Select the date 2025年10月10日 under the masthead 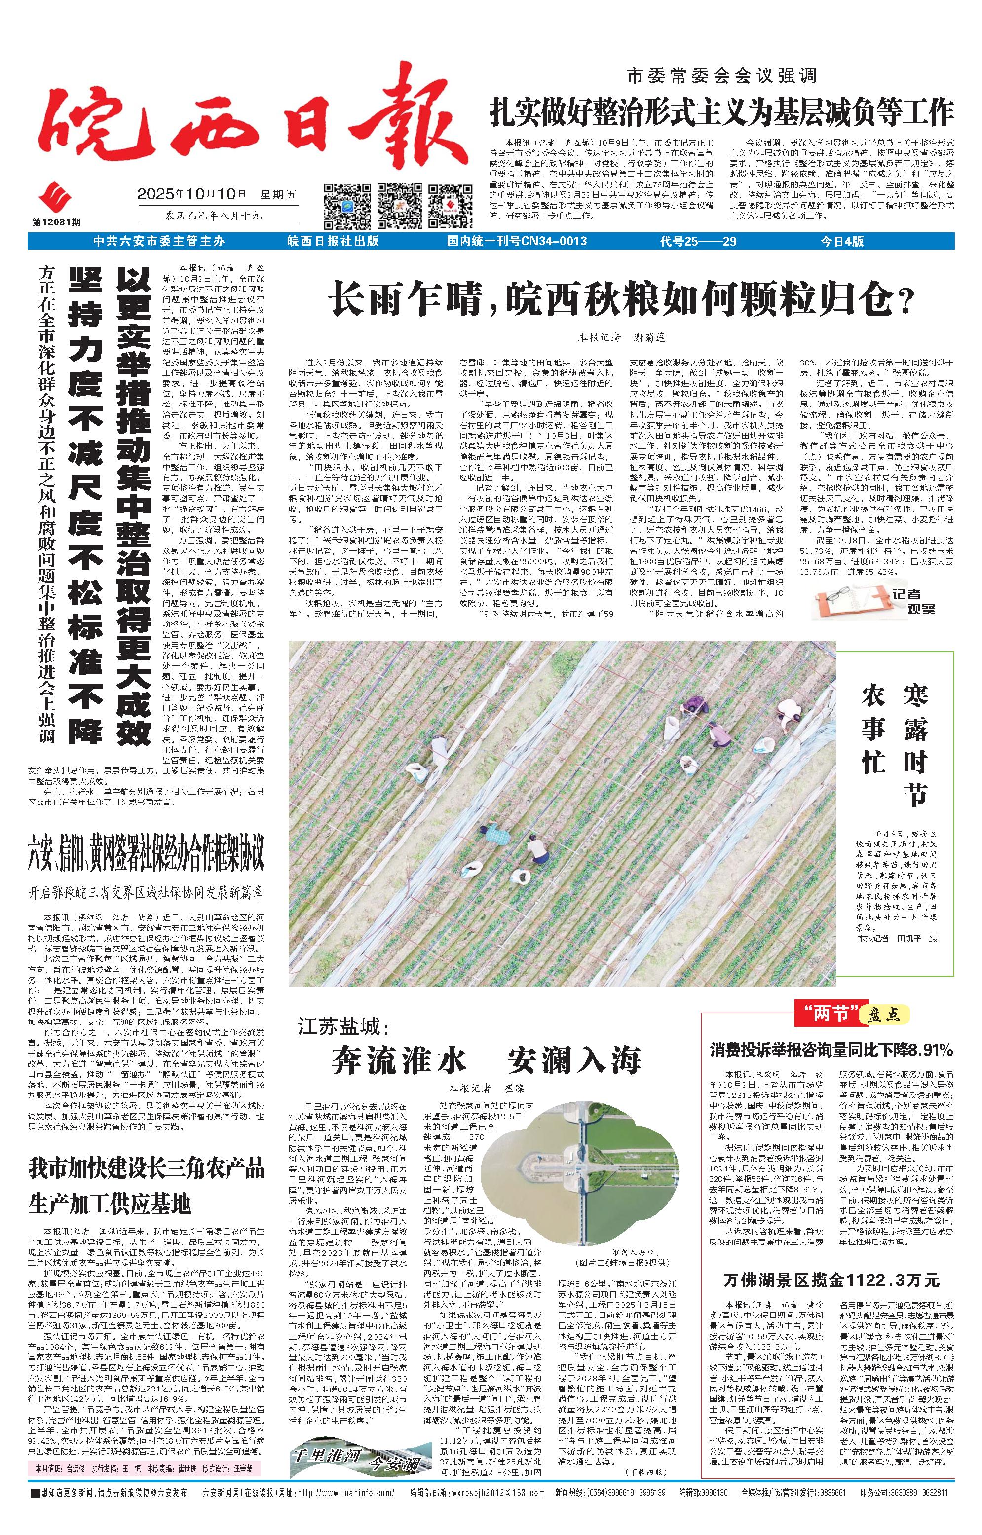(x=192, y=194)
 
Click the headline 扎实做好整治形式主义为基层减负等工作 (x=721, y=112)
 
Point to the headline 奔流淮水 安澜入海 (x=486, y=1060)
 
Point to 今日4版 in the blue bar (x=842, y=241)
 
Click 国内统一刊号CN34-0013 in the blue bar (x=517, y=241)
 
